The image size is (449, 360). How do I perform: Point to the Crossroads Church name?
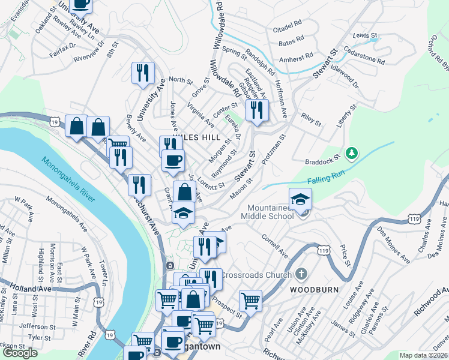[255, 274]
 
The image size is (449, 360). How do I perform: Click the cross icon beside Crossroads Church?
[302, 274]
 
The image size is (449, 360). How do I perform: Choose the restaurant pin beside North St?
[143, 73]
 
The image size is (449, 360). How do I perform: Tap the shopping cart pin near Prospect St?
[250, 299]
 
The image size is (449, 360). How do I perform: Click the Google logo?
[20, 353]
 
